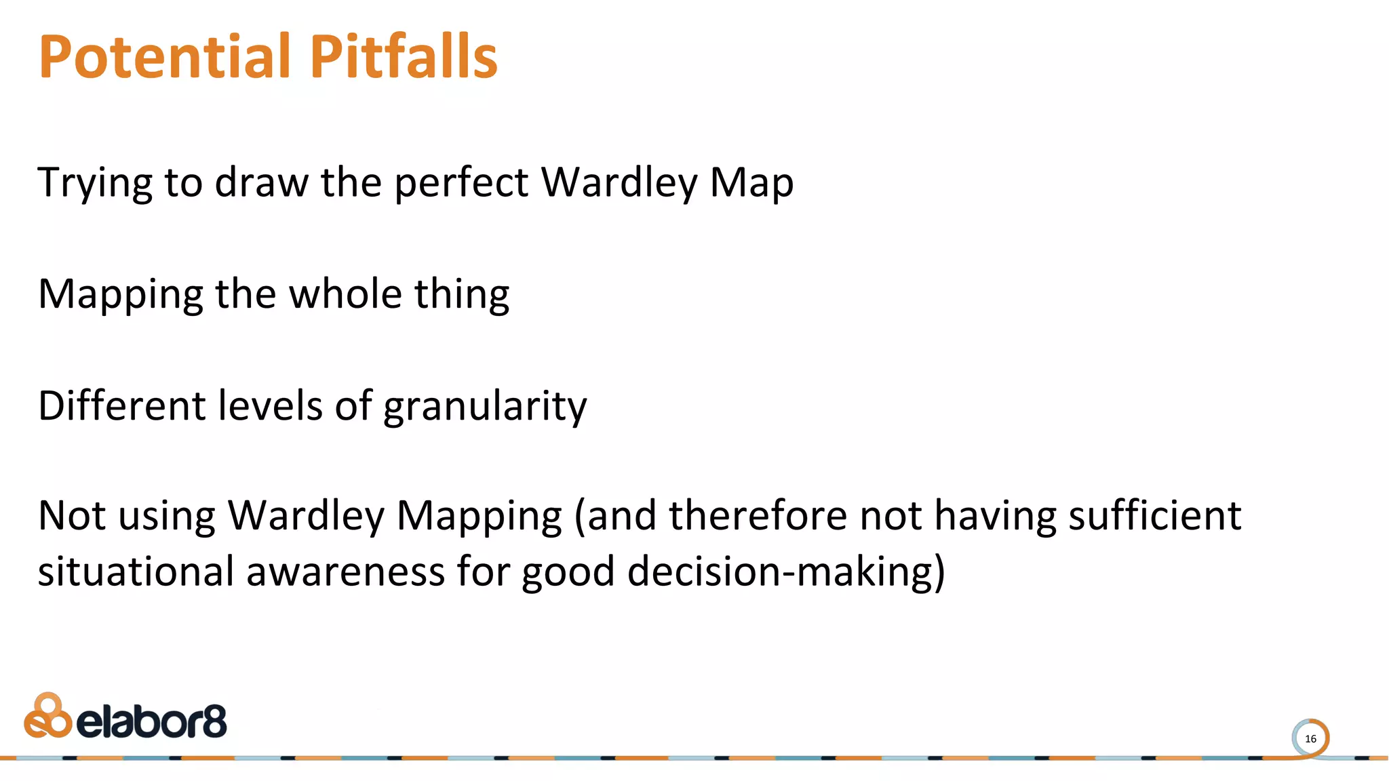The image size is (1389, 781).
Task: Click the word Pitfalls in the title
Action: click(x=404, y=57)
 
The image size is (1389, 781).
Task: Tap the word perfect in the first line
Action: click(x=461, y=183)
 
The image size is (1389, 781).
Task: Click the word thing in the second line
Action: click(x=462, y=294)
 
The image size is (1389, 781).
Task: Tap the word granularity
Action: click(x=485, y=407)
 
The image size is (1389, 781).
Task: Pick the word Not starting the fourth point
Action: click(x=72, y=515)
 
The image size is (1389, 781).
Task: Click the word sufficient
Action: click(x=1155, y=515)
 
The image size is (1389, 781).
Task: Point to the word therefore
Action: click(x=758, y=515)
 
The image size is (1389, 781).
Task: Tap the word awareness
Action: click(x=345, y=571)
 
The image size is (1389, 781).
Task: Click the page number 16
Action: click(x=1310, y=739)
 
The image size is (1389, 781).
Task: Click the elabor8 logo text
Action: click(x=152, y=722)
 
